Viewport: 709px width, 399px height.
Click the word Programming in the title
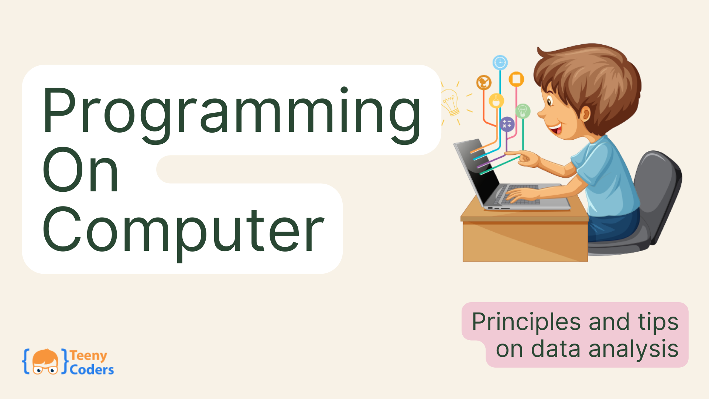coord(232,115)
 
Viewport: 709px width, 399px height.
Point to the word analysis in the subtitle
coord(634,349)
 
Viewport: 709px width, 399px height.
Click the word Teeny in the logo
coord(89,356)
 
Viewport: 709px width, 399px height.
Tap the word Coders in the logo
coord(92,369)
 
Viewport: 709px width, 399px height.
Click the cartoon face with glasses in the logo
coord(45,362)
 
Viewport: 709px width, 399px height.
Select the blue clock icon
coord(500,62)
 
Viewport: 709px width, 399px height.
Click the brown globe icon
coord(484,82)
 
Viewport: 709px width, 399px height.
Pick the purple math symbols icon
coord(507,124)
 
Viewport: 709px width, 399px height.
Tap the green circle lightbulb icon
coord(523,111)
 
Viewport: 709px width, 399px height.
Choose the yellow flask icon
coord(496,100)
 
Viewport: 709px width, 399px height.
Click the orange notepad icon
coord(516,79)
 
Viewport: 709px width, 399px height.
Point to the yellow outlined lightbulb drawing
coord(451,102)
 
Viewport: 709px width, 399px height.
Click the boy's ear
coord(585,114)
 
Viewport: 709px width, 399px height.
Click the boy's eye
coord(549,101)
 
